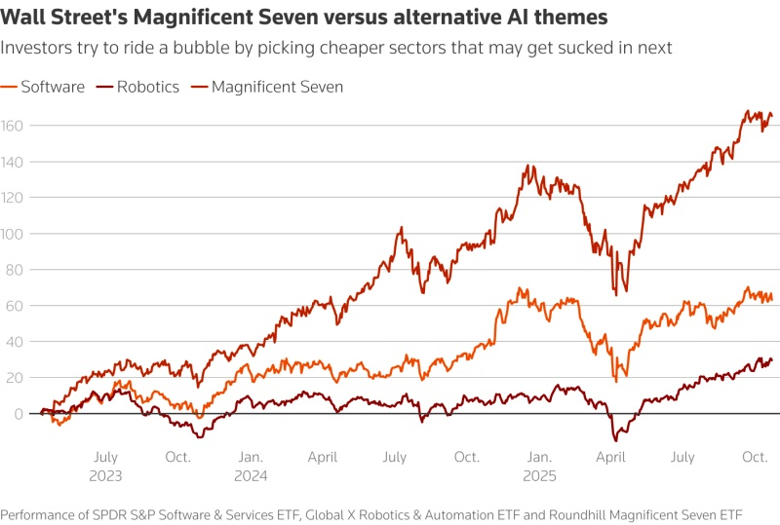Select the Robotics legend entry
pyautogui.click(x=147, y=87)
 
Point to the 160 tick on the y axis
pyautogui.click(x=11, y=126)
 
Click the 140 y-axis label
pyautogui.click(x=11, y=162)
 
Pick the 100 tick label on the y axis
pyautogui.click(x=11, y=234)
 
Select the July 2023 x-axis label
pyautogui.click(x=105, y=465)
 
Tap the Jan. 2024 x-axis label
pyautogui.click(x=250, y=465)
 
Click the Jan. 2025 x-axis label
pyautogui.click(x=538, y=465)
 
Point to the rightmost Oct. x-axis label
pyautogui.click(x=756, y=456)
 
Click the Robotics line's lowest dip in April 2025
pyautogui.click(x=616, y=440)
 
